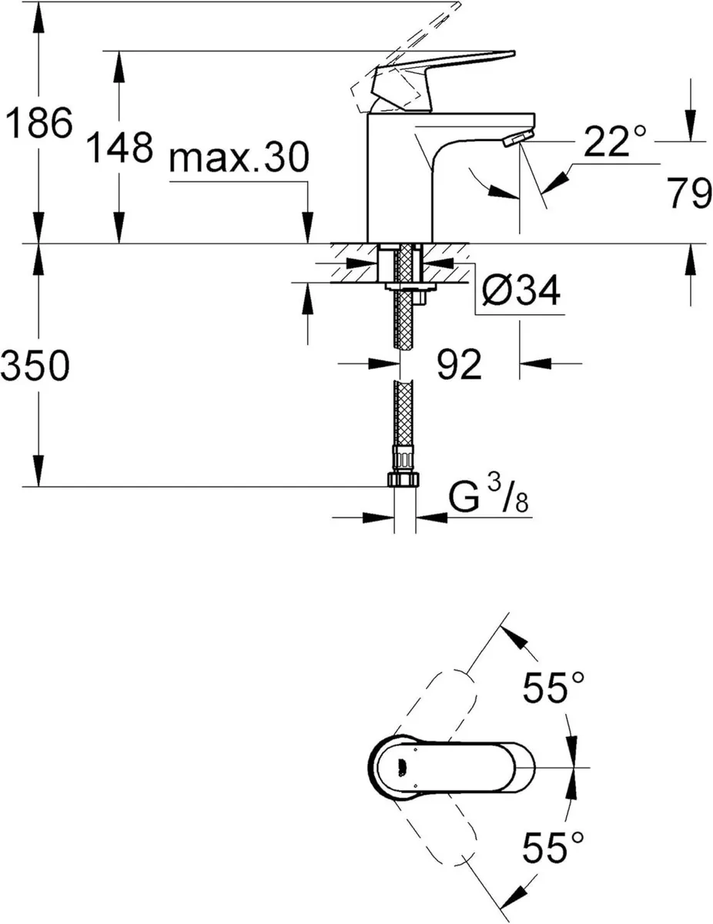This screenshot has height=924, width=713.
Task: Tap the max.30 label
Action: (239, 159)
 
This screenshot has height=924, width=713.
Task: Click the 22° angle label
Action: (614, 142)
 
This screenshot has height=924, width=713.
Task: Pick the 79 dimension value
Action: (688, 195)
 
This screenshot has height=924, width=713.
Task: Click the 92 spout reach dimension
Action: (459, 363)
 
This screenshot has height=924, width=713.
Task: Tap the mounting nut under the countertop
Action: (409, 288)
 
